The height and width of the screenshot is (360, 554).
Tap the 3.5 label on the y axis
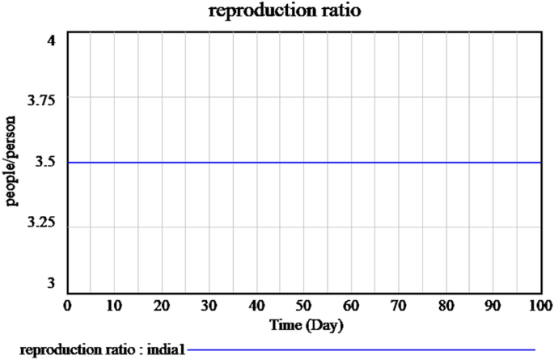pyautogui.click(x=47, y=163)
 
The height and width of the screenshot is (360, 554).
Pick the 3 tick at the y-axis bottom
pyautogui.click(x=51, y=283)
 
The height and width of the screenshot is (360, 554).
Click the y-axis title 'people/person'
pyautogui.click(x=12, y=161)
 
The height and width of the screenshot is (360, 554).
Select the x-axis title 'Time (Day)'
pyautogui.click(x=304, y=325)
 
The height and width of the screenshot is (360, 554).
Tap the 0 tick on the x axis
pyautogui.click(x=67, y=306)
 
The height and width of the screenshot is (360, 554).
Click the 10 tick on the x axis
pyautogui.click(x=115, y=306)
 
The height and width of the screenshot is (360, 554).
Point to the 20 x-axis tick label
pyautogui.click(x=163, y=306)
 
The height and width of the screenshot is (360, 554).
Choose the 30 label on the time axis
pyautogui.click(x=209, y=306)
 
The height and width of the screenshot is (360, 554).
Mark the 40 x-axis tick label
pyautogui.click(x=257, y=306)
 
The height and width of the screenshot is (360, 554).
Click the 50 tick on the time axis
pyautogui.click(x=304, y=306)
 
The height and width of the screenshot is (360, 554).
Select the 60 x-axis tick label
pyautogui.click(x=352, y=306)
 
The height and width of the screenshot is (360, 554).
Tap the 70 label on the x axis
pyautogui.click(x=399, y=306)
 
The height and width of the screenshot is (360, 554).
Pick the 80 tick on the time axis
pyautogui.click(x=446, y=306)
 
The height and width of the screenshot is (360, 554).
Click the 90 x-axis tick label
pyautogui.click(x=493, y=306)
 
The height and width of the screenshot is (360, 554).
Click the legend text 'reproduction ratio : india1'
pyautogui.click(x=103, y=349)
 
